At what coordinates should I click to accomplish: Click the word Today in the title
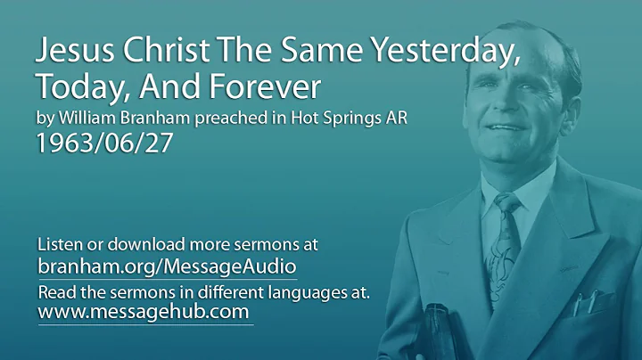tap(73, 88)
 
